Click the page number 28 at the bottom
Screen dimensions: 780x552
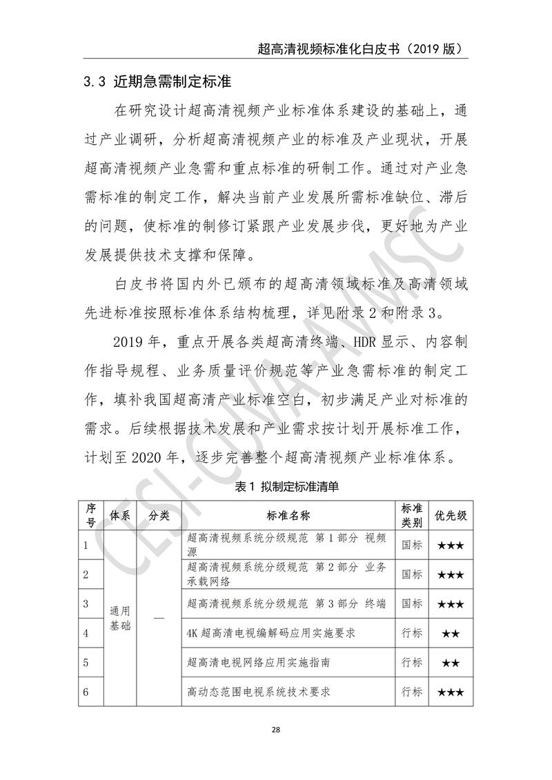coord(275,730)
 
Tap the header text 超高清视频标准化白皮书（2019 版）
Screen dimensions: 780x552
coord(358,49)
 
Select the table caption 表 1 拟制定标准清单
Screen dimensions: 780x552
coord(277,486)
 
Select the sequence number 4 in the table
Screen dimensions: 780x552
coord(86,632)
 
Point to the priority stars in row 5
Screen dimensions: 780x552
coord(450,663)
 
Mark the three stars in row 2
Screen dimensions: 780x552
coord(450,574)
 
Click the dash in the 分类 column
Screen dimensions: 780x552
coord(159,619)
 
